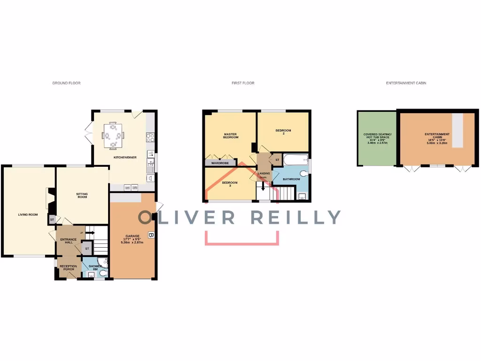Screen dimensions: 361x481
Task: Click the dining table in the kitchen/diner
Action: click(113, 135)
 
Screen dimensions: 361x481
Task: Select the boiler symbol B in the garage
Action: click(151, 235)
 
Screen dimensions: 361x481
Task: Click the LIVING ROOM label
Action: click(28, 215)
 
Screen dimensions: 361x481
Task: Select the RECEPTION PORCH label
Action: click(68, 268)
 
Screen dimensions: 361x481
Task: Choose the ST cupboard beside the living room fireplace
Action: click(51, 219)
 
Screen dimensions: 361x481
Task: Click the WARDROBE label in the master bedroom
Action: click(220, 163)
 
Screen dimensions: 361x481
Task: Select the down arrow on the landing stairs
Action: click(263, 185)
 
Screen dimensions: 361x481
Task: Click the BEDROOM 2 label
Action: click(283, 132)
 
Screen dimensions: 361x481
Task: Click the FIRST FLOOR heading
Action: click(243, 83)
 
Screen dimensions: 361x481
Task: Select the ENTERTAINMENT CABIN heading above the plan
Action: click(406, 83)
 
